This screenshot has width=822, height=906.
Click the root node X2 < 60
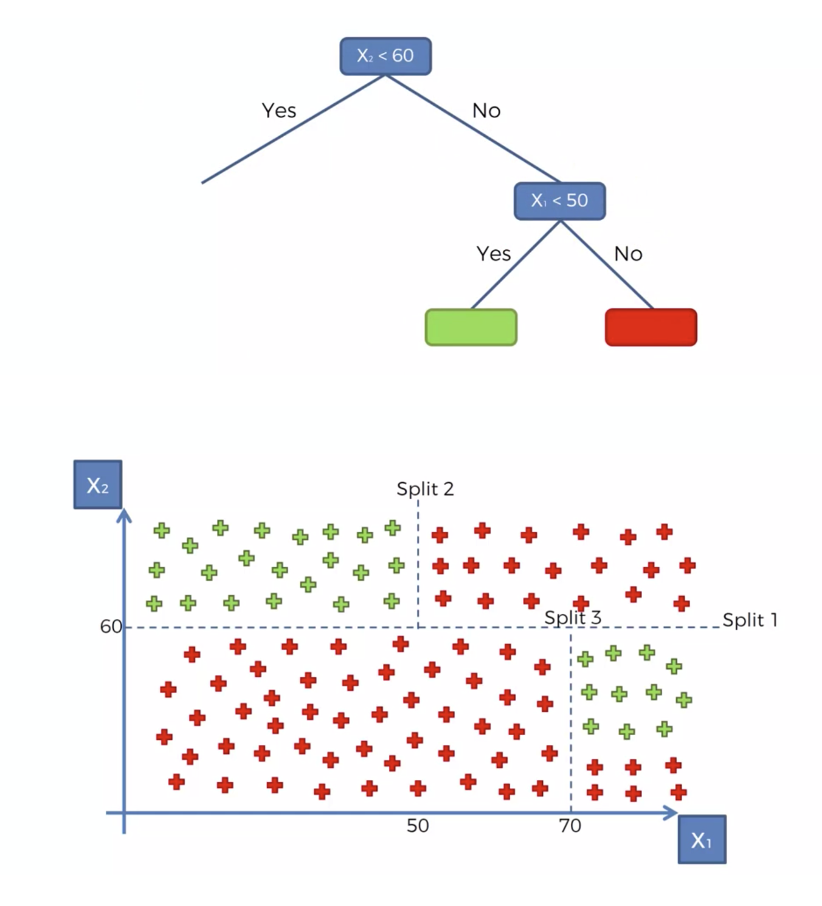coord(385,56)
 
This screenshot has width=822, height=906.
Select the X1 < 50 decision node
coord(559,200)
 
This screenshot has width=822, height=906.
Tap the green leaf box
coord(471,327)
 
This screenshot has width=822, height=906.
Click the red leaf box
coord(651,327)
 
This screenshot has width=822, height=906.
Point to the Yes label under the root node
coord(279,111)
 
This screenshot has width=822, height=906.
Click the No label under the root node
coord(486,111)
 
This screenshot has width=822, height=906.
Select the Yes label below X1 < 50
coord(494,254)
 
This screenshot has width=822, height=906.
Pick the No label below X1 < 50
coord(628,254)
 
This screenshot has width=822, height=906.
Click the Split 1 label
coord(750,620)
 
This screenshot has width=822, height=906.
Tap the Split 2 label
coord(425,489)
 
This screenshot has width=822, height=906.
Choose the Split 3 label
coord(573,618)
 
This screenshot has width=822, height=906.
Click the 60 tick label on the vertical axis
coord(111,626)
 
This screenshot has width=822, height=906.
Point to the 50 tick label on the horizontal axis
coord(418,826)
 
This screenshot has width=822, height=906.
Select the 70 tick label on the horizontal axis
coord(570,826)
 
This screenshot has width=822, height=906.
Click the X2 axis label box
coord(98,485)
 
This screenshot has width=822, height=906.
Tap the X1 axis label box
coord(702,840)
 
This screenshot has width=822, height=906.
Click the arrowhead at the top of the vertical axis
coord(124,516)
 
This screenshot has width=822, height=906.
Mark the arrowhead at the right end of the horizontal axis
coord(671,812)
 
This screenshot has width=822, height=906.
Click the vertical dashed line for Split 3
coord(571,718)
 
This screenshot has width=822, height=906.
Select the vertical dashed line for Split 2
coord(418,565)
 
